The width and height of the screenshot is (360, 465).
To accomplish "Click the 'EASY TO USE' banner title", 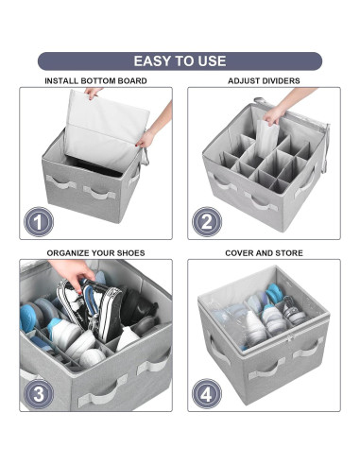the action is tap(180, 60).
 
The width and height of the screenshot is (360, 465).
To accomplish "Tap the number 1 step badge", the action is tap(39, 222).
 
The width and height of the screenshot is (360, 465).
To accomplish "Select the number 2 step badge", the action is tap(207, 222).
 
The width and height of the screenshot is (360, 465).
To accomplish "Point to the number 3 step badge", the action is tap(39, 394).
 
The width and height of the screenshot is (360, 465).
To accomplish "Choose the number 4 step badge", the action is tap(207, 394).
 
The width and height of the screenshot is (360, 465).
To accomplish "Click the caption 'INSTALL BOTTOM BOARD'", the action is tap(95, 81).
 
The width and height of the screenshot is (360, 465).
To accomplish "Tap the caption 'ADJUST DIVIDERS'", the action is tap(264, 81).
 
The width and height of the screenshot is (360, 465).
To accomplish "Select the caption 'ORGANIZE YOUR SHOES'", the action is tap(95, 253).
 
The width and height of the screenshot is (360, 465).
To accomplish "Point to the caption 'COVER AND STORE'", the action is tap(264, 253).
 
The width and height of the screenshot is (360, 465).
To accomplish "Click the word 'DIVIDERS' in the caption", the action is tap(280, 81).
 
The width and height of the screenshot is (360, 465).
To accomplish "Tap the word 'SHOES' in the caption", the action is tap(131, 253).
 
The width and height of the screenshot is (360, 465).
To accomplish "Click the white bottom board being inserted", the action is tap(106, 130).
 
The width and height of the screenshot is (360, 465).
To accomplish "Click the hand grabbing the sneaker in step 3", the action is tap(73, 272).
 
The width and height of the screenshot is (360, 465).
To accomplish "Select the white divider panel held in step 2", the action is tap(267, 139).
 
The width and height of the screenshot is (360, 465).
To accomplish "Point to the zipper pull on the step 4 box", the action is tap(290, 339).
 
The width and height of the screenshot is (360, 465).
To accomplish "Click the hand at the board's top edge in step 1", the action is tap(93, 93).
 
